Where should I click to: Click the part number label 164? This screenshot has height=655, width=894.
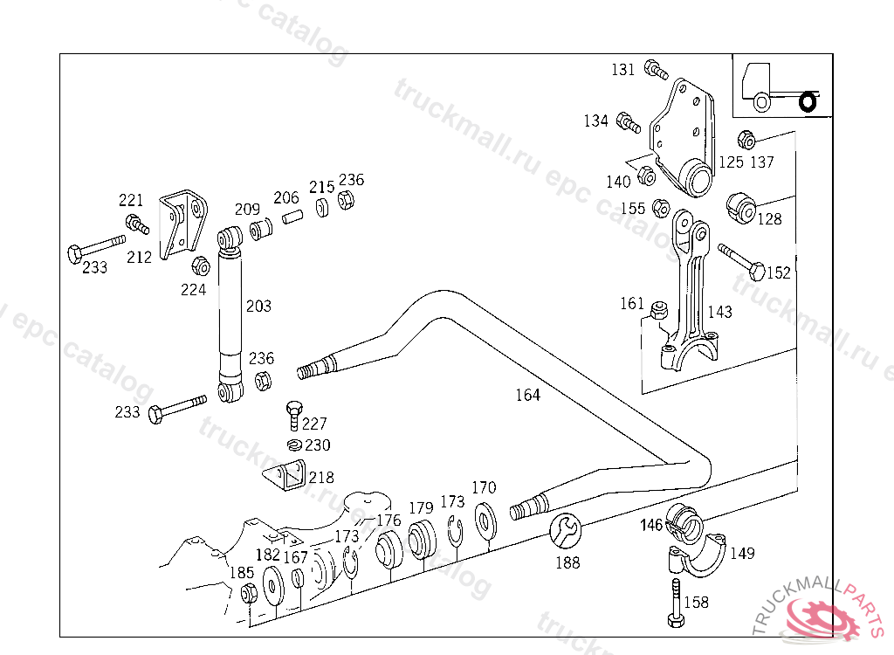click(527, 395)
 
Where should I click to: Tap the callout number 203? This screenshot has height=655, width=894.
click(258, 307)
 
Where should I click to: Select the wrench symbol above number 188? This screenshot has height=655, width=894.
click(565, 531)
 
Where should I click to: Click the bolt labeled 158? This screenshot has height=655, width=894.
click(677, 603)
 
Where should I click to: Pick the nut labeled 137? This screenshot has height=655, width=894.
click(746, 139)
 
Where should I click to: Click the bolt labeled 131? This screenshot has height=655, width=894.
click(656, 70)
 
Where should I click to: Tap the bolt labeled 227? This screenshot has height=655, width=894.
click(293, 416)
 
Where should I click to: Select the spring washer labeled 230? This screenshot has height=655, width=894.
click(294, 445)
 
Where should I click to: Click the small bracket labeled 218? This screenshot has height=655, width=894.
click(284, 473)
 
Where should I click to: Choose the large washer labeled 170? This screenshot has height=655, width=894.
click(485, 521)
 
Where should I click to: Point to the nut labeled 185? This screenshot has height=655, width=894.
click(249, 593)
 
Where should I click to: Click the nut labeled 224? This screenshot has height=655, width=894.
click(201, 265)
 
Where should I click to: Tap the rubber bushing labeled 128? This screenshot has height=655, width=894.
click(740, 208)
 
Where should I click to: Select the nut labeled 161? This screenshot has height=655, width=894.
click(659, 310)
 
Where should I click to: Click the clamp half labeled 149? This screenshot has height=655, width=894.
click(698, 555)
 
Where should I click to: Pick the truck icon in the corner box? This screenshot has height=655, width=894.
click(779, 88)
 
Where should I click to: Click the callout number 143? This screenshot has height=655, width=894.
click(719, 312)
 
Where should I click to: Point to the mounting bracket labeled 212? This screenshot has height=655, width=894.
click(182, 224)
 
